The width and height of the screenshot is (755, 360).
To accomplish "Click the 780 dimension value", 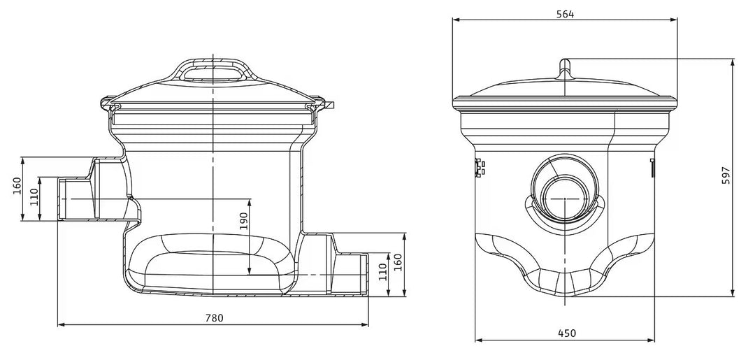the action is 215,317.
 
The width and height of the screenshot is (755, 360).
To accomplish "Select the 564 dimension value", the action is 566,14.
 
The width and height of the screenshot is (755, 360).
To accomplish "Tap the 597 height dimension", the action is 726,175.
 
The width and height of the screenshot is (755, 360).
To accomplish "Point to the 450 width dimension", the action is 567,333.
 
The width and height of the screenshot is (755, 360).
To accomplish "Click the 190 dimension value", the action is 243,221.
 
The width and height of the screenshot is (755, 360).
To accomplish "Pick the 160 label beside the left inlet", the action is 17,186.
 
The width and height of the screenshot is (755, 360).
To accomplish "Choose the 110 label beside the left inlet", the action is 34,197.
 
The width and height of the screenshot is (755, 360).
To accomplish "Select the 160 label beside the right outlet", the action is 398,262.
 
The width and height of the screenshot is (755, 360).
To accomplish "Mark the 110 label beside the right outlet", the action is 382,273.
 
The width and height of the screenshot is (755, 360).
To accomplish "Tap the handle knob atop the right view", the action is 565,66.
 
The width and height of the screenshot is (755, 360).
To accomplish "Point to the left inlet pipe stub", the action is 77,199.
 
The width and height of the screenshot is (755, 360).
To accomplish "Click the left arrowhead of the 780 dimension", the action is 61,325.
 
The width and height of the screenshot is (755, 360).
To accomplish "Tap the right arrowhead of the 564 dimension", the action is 674,20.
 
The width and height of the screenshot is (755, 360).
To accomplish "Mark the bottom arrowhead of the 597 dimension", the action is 733,293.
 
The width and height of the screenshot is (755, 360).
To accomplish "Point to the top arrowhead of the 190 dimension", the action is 248,201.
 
